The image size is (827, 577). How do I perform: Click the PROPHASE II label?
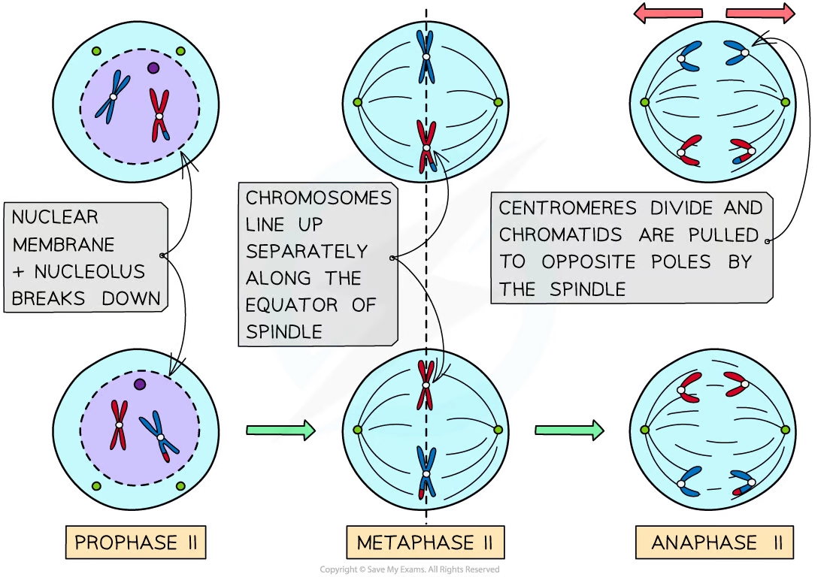[136, 542]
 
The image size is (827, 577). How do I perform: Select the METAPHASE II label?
[425, 542]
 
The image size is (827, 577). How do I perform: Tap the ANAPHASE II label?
[714, 542]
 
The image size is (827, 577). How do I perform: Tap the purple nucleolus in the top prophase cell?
[153, 68]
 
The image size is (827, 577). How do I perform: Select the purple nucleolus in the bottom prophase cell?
[139, 385]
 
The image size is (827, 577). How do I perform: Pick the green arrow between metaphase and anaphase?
[569, 430]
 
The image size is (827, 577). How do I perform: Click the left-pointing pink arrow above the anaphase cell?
[668, 13]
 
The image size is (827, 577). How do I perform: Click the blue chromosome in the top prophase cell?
[113, 97]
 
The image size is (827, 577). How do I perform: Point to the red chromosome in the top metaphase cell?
[426, 147]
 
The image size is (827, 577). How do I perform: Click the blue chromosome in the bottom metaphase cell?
[426, 474]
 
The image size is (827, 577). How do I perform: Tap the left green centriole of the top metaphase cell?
[358, 102]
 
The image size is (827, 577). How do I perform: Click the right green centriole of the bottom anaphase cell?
[786, 430]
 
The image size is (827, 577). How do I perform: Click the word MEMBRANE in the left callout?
[63, 244]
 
